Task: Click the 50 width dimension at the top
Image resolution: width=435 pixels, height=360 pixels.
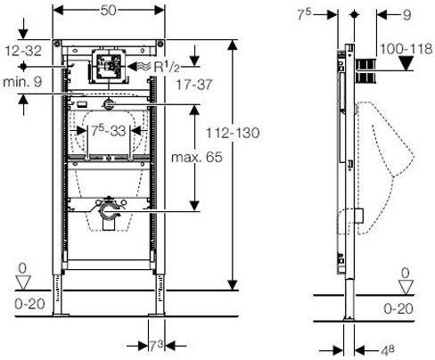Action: pos(108,11)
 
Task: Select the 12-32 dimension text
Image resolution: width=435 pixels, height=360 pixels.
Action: pos(23,51)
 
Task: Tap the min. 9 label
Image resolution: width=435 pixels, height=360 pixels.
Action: pos(22,81)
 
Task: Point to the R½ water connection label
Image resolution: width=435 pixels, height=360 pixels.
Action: pos(167,67)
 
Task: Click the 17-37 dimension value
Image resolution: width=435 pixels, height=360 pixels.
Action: pos(194,85)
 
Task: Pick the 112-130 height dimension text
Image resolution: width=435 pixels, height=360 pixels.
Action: pos(233,133)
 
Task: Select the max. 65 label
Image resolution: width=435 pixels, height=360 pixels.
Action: pos(197,157)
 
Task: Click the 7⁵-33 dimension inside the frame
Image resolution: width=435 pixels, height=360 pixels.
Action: pos(109,131)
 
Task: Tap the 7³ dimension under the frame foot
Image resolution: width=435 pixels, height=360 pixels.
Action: pos(156,346)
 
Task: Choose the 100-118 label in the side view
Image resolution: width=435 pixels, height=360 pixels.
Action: pos(406,49)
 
